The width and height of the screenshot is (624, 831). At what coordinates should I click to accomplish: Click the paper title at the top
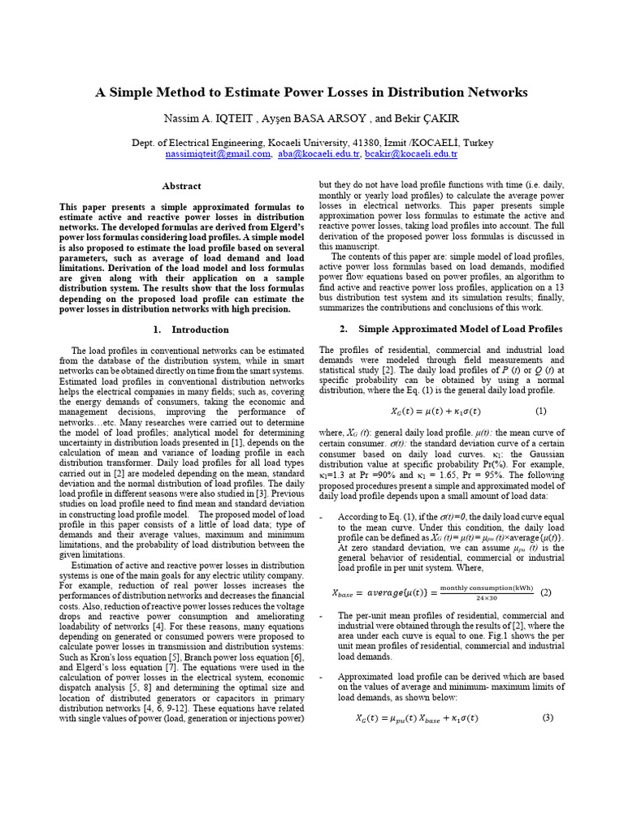(x=311, y=93)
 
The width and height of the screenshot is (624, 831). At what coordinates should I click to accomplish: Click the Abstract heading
(x=181, y=186)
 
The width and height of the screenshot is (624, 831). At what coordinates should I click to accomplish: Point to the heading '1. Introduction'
(x=191, y=329)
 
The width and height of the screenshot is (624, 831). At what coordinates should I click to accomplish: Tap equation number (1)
(x=541, y=411)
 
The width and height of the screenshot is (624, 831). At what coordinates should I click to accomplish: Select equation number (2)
(x=545, y=592)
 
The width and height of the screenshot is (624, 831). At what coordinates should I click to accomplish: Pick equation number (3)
(x=547, y=717)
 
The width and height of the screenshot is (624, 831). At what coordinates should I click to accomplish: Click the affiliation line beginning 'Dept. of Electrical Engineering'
(x=312, y=142)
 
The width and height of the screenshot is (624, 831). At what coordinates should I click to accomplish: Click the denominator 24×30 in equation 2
(x=487, y=598)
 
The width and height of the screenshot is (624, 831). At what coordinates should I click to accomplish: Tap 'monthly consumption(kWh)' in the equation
(x=487, y=588)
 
